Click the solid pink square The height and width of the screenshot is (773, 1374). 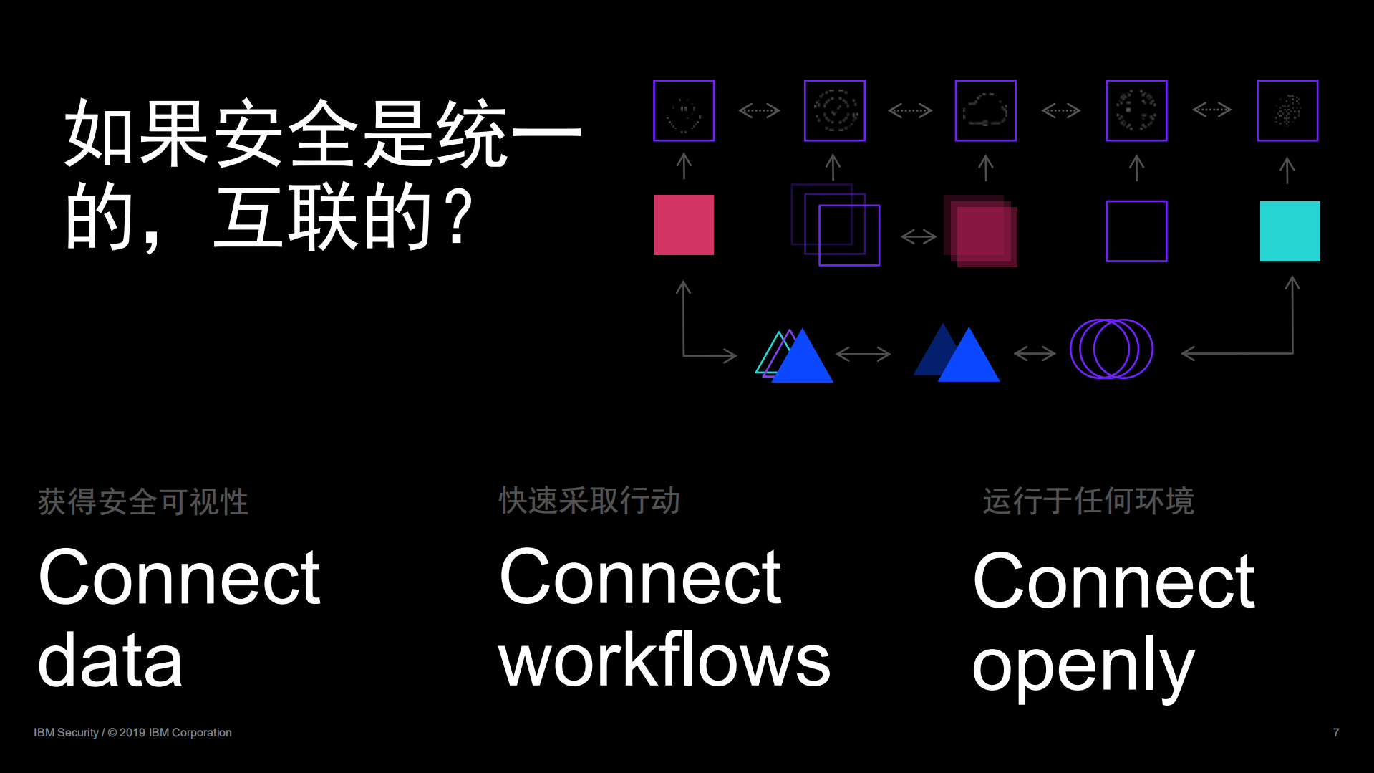pos(683,225)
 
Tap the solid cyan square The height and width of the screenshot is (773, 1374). pos(1290,231)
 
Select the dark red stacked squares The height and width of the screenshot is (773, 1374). pos(981,231)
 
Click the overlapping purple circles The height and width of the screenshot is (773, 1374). pos(1111,349)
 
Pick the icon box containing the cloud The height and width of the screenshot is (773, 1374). pos(985,111)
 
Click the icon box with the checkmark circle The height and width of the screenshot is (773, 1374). pos(834,111)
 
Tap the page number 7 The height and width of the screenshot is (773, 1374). pos(1335,732)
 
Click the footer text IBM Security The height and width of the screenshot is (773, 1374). pos(66,732)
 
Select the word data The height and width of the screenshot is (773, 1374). pos(110,661)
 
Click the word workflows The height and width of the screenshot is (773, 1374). pos(664,661)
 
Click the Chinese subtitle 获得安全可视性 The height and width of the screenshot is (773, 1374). pos(142,501)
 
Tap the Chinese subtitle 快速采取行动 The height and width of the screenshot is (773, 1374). pos(589,501)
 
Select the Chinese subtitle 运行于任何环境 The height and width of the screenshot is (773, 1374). pos(1088,501)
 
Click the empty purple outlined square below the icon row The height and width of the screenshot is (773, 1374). pos(1136,231)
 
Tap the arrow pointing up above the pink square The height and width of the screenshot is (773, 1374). pos(684,166)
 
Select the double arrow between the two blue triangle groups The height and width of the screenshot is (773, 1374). pos(863,354)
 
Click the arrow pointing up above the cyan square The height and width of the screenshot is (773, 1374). pos(1287,171)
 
